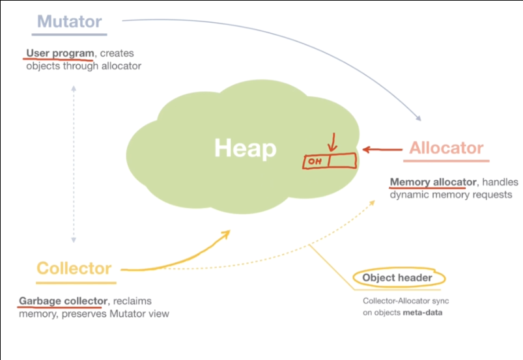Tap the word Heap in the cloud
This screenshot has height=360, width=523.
click(246, 148)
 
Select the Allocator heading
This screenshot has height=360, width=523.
click(446, 148)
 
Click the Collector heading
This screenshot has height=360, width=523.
click(74, 268)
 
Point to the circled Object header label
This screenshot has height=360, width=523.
click(397, 278)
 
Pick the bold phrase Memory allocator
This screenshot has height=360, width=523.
click(427, 182)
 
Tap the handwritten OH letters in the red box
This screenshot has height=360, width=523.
click(316, 161)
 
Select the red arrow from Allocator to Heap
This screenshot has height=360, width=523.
click(382, 149)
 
